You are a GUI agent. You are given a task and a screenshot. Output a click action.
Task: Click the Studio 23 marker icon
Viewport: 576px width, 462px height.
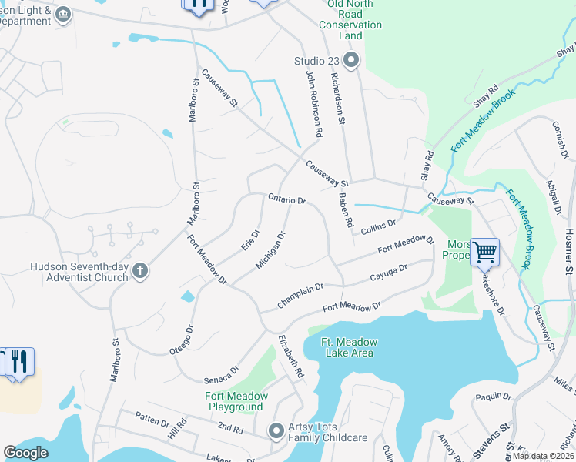click(352, 61)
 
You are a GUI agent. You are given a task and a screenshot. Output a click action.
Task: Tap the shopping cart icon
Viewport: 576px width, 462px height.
click(484, 251)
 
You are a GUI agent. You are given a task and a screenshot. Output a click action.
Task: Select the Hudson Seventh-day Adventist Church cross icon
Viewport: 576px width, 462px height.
click(139, 270)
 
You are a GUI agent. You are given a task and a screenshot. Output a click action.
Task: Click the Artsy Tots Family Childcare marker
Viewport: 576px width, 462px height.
click(276, 431)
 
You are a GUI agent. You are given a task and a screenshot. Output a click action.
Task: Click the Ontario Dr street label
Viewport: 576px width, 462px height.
click(287, 199)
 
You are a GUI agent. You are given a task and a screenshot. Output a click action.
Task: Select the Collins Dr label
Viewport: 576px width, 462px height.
click(378, 225)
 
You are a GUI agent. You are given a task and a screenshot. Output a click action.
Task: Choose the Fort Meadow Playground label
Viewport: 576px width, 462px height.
click(236, 401)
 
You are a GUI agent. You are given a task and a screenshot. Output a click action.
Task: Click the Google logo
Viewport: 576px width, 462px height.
click(26, 453)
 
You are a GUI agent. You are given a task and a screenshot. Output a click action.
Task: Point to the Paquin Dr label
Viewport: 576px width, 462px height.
click(494, 397)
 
